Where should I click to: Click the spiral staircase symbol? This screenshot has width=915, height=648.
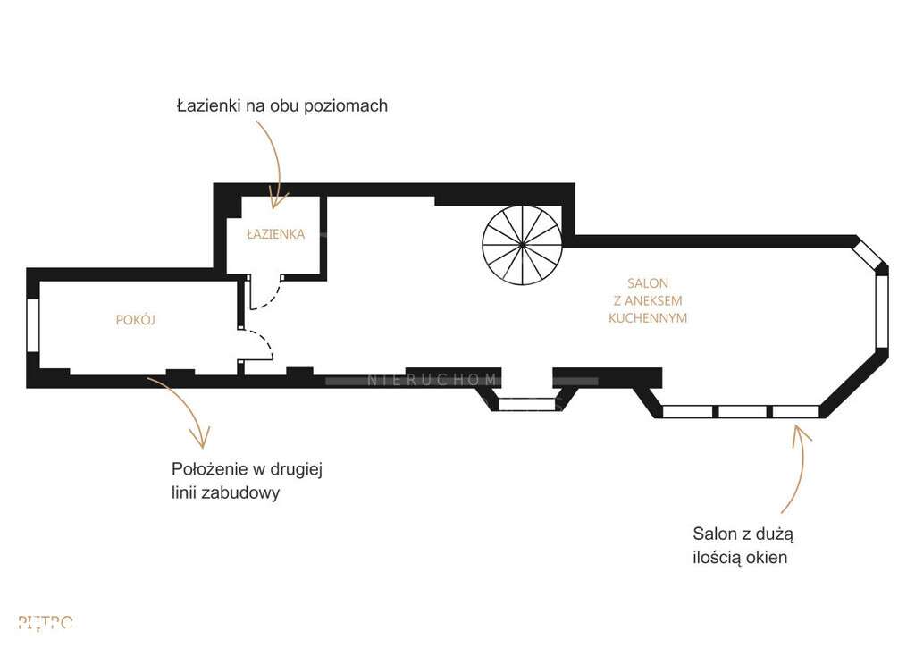pos(523,244)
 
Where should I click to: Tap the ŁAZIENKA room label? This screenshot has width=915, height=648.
pos(276,235)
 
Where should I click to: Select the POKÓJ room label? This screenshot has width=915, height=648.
pos(136,319)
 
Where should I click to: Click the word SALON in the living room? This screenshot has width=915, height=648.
pos(648,283)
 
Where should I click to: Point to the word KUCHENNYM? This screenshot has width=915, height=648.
pos(648,317)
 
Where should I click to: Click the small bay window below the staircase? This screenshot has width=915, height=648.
pos(526,404)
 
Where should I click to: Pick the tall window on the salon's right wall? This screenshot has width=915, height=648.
pos(882,312)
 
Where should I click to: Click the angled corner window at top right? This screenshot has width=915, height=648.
pos(869,255)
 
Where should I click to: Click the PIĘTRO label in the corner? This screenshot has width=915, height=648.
pos(45,622)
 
